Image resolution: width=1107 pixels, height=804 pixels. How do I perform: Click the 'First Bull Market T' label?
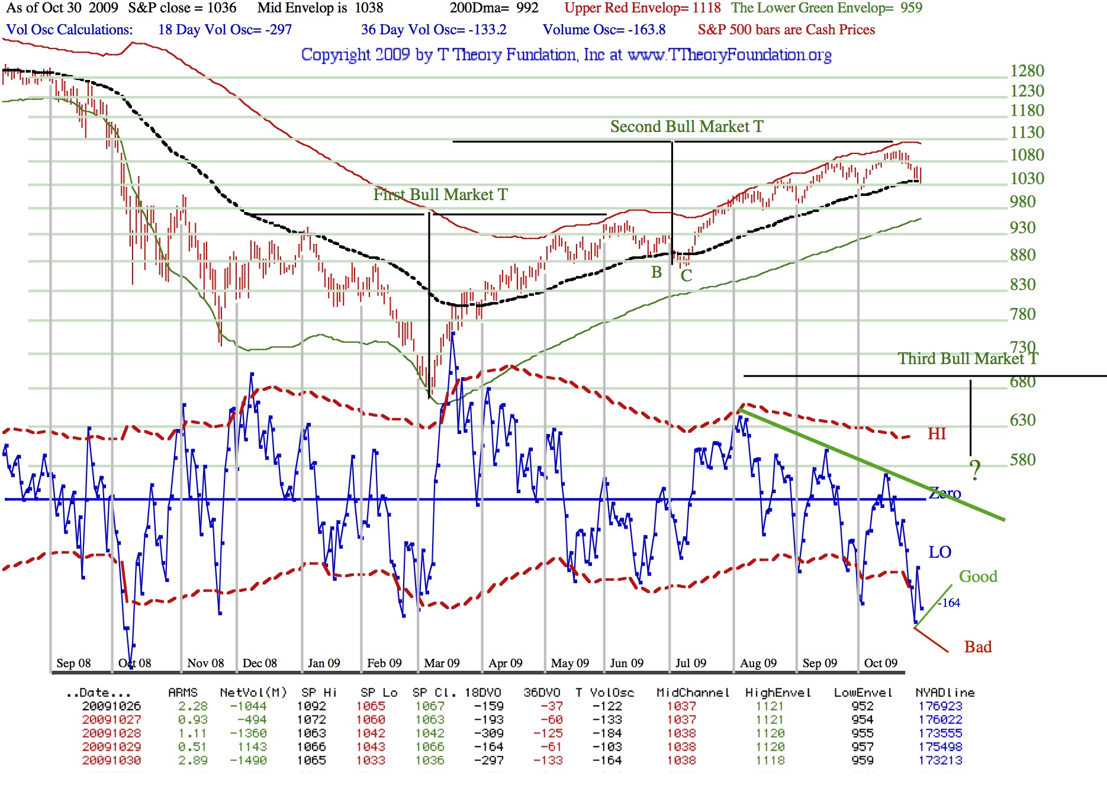click(440, 195)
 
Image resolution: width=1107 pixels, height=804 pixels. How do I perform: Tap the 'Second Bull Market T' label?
click(687, 127)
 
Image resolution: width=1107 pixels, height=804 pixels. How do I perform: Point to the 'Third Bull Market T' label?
click(967, 359)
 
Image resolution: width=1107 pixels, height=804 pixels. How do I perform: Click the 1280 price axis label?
click(1027, 71)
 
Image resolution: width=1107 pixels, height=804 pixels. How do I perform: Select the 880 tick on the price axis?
click(1022, 255)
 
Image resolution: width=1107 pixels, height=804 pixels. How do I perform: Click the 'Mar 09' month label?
click(442, 663)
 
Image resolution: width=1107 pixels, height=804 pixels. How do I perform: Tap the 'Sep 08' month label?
click(73, 663)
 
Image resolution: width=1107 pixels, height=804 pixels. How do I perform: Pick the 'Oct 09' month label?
click(880, 663)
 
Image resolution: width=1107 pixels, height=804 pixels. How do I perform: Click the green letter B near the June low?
click(657, 272)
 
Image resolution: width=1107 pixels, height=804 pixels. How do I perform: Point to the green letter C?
click(686, 275)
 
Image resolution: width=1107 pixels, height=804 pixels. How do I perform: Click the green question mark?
click(975, 471)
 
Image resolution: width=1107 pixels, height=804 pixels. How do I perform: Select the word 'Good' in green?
click(978, 577)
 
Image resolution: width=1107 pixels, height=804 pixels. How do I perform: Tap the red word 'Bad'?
click(978, 647)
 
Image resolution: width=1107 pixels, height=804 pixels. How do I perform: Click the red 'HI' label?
click(937, 434)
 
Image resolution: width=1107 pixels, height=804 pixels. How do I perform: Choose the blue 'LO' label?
click(939, 552)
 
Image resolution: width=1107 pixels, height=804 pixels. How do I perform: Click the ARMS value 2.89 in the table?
click(193, 760)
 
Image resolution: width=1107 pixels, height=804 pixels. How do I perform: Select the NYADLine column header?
click(945, 693)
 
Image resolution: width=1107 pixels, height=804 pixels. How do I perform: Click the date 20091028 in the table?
click(111, 733)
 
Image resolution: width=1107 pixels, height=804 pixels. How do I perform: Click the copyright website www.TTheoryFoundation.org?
click(729, 55)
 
